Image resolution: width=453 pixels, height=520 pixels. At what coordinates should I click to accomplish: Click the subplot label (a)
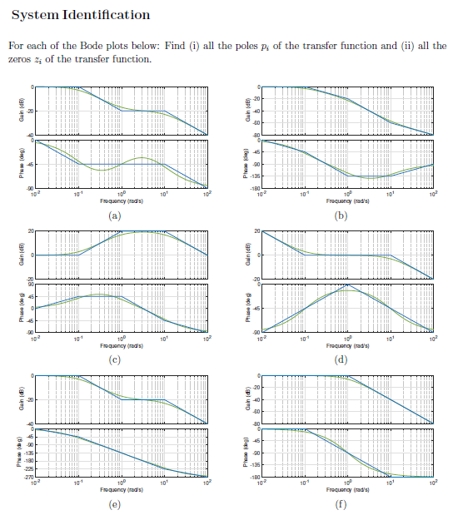pyautogui.click(x=115, y=215)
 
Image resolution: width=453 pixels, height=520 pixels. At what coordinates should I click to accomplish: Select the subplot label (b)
pyautogui.click(x=341, y=215)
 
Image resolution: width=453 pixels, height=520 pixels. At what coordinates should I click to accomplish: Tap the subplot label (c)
pyautogui.click(x=115, y=359)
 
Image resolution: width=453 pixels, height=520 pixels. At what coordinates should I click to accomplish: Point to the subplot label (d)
pyautogui.click(x=341, y=359)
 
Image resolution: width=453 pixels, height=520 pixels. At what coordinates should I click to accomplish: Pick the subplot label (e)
pyautogui.click(x=115, y=504)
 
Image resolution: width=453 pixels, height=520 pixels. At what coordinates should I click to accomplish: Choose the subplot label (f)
pyautogui.click(x=341, y=504)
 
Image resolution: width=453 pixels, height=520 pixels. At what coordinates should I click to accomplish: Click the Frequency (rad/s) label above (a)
pyautogui.click(x=121, y=201)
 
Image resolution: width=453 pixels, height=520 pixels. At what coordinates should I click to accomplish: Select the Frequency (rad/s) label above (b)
pyautogui.click(x=346, y=201)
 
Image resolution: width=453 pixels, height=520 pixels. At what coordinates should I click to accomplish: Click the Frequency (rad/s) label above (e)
pyautogui.click(x=121, y=490)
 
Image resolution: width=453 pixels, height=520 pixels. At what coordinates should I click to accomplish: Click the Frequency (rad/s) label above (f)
pyautogui.click(x=346, y=490)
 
